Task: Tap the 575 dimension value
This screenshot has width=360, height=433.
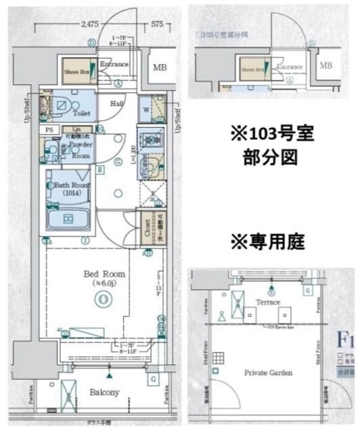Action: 157,24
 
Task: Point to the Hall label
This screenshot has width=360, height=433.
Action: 117,104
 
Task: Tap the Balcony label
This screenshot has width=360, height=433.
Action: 104,392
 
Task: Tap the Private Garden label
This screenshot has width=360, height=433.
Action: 268,372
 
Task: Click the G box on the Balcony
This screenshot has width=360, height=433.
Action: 154,378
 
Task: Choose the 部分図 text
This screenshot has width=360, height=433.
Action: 268,160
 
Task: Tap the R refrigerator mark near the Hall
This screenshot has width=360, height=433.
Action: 100,170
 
